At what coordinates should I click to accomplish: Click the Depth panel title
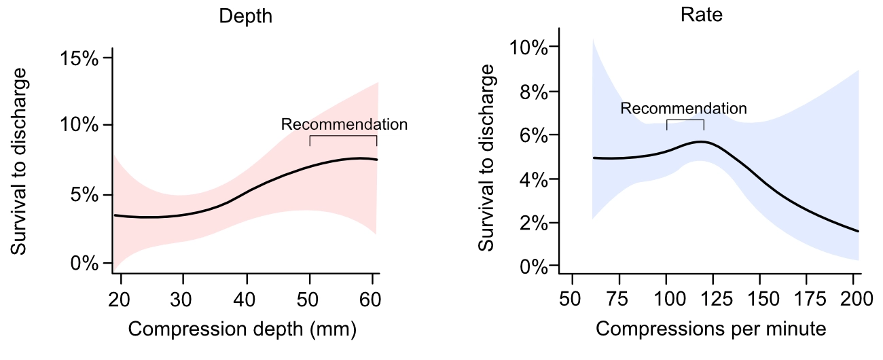coord(245,16)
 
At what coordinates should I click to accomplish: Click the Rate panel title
coord(702,16)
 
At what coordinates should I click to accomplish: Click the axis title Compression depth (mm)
coord(242,330)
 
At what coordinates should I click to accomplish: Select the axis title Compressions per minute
coord(711,330)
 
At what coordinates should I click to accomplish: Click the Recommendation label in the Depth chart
coord(344,124)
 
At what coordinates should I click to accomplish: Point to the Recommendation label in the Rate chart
coord(683,108)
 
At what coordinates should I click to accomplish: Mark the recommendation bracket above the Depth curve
coord(343,136)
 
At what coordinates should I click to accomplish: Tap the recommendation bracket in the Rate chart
coord(685,120)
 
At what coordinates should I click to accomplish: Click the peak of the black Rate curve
coord(701,141)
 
